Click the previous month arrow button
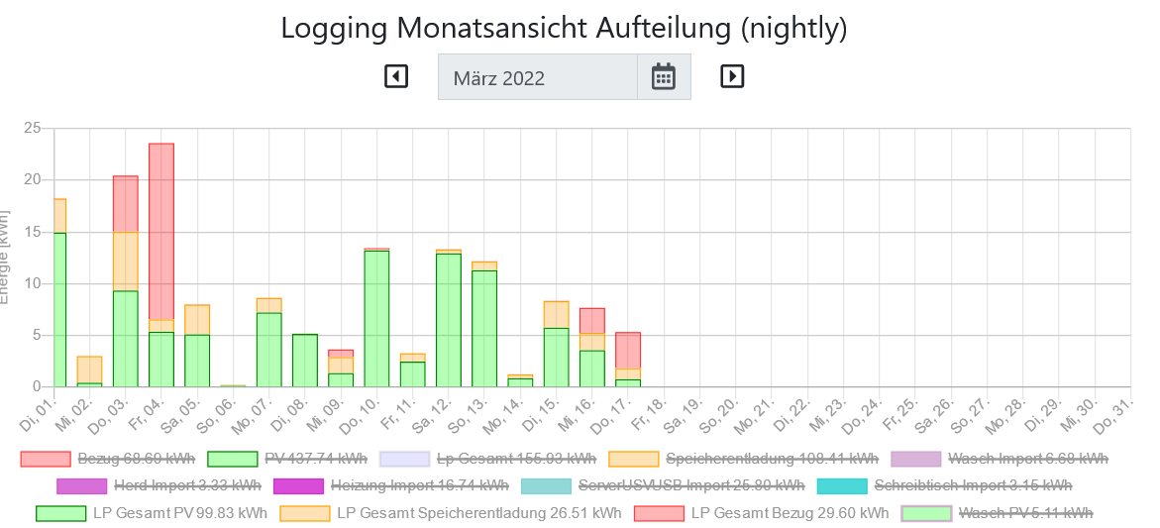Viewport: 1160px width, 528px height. pos(396,76)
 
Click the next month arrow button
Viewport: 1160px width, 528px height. pos(732,76)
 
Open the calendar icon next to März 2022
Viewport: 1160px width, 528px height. pos(663,76)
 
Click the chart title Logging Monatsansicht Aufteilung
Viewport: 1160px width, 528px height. pos(564,28)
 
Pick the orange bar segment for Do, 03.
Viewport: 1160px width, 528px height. pos(126,262)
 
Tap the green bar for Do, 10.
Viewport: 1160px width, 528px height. pos(376,318)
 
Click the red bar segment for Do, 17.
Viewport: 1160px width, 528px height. pos(627,351)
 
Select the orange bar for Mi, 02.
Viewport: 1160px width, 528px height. pos(89,370)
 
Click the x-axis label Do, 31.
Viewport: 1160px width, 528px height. pos(1117,409)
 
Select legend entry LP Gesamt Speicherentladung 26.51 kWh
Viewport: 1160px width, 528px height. pos(451,513)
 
